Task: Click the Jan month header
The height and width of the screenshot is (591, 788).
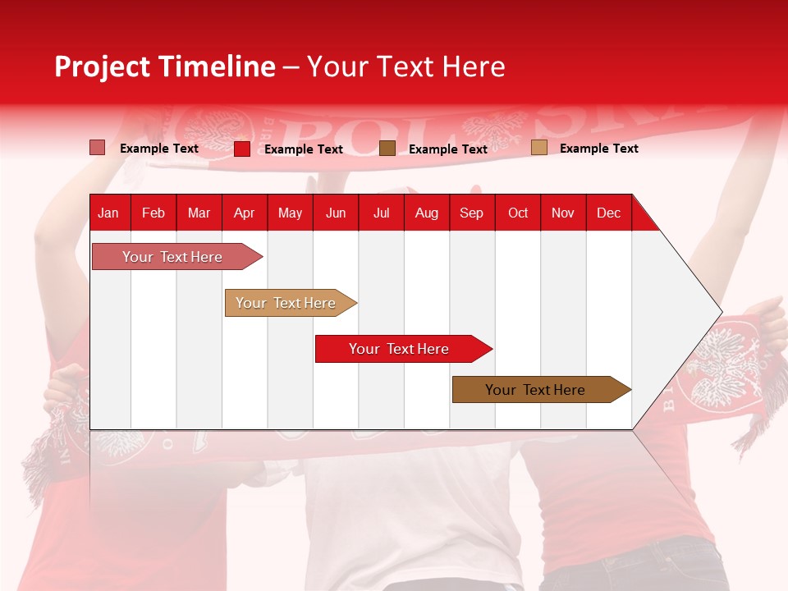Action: pos(108,213)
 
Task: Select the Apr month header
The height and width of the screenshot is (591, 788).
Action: pos(245,213)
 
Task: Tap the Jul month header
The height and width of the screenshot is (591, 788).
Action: pos(381,213)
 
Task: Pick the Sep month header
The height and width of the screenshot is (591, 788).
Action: pos(471,213)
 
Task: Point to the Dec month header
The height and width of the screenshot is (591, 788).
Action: pos(608,213)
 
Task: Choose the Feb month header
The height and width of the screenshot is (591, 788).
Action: pos(153,213)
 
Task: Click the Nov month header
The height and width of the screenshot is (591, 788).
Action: pos(562,213)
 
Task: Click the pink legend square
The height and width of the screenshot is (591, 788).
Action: pos(97,148)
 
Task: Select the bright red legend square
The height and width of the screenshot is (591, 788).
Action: pos(242,149)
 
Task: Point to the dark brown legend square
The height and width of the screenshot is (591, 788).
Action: pos(387,148)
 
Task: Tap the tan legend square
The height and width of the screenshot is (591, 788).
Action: pos(538,148)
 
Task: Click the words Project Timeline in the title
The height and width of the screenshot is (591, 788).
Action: pos(164,66)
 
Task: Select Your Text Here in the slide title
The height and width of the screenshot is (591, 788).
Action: pos(405,66)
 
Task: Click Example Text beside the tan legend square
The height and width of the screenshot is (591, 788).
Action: pos(598,149)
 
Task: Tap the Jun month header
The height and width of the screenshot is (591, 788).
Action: pos(336,213)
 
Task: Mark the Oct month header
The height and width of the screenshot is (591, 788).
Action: pos(518,213)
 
